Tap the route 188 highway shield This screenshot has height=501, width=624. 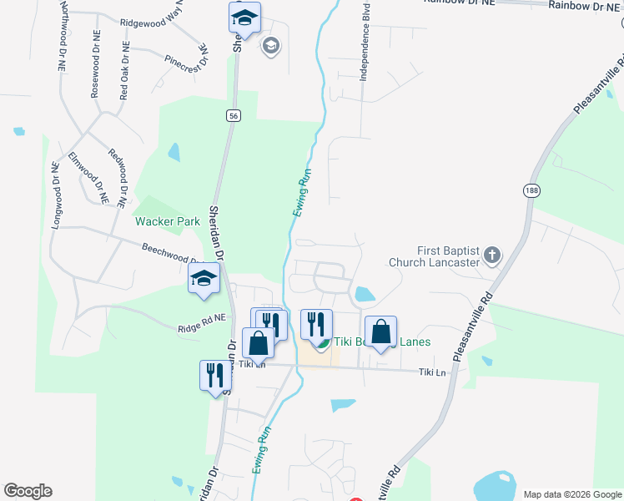531,191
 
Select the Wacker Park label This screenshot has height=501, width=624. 169,221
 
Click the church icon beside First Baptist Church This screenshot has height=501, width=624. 492,255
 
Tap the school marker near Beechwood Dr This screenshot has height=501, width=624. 204,281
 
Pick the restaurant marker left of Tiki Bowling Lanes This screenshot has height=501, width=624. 316,323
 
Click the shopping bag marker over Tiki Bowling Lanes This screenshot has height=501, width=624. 380,331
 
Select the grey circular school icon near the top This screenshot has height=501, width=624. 270,45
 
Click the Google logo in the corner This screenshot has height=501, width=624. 28,491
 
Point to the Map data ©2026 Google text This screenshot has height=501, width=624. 571,494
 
